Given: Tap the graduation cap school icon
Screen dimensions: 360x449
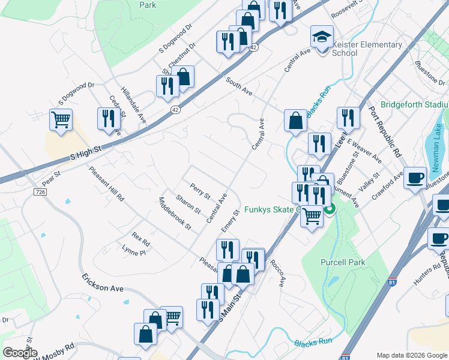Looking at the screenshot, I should coord(322,38).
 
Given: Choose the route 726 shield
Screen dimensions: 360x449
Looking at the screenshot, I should coord(40,191).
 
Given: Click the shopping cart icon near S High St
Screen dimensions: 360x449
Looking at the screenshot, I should coord(61,119).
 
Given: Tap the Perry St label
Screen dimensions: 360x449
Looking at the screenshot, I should coord(200,191).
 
